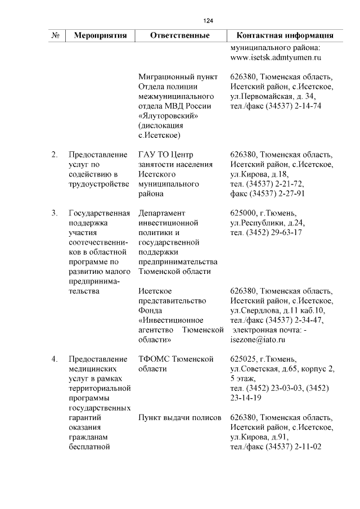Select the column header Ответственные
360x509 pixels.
click(180, 35)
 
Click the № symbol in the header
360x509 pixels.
click(56, 35)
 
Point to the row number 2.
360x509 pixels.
click(55, 154)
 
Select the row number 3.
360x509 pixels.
click(55, 213)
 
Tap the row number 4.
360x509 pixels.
click(55, 359)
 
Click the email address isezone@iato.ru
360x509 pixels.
click(258, 340)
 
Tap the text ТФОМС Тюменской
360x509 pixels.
click(177, 359)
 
